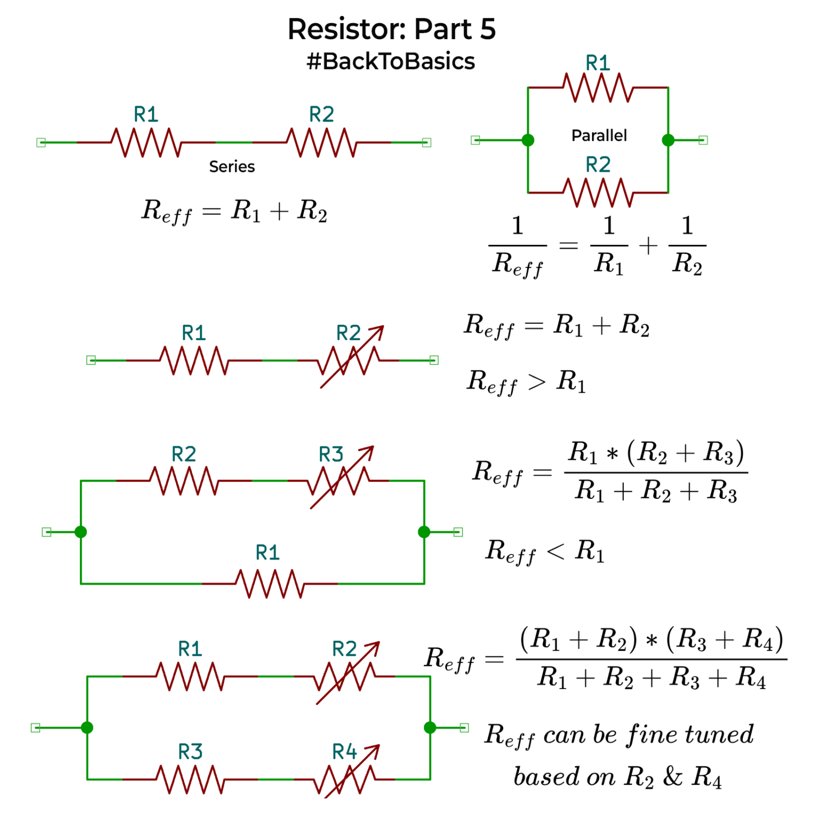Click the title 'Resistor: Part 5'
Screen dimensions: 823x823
pos(391,29)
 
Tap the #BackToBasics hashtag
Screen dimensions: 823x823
pos(391,62)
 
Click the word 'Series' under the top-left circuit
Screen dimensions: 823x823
pos(231,167)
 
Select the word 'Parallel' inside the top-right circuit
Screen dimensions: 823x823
pos(598,136)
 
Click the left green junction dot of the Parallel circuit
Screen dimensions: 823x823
pos(528,140)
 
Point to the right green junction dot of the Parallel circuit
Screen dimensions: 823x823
pos(668,140)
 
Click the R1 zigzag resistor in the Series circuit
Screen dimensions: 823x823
pos(146,143)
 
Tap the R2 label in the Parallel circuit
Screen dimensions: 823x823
pos(597,164)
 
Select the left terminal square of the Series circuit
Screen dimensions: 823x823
pos(41,143)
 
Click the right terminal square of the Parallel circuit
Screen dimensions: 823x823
pos(703,140)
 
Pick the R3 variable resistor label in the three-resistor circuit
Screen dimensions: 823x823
pos(331,454)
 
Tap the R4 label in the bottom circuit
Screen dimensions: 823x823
pos(344,752)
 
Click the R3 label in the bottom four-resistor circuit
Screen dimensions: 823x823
pos(190,752)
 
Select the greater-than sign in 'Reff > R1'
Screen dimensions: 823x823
pos(536,382)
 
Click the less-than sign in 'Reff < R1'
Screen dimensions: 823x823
pos(555,551)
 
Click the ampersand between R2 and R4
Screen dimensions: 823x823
pos(672,776)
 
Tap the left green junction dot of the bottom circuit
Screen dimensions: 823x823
pos(87,728)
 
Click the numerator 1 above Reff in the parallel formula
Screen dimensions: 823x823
pos(517,226)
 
